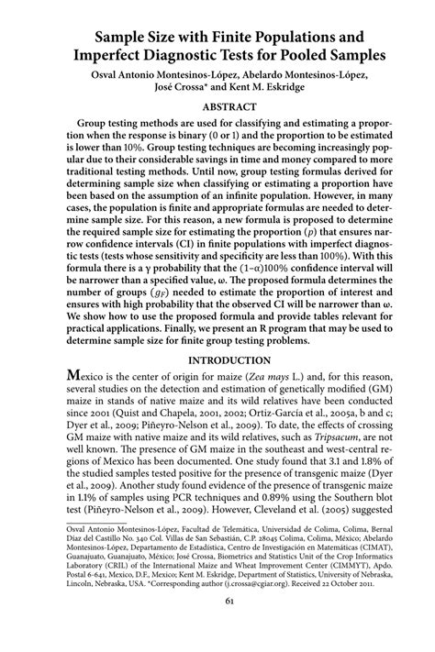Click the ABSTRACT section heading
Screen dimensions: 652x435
[217, 105]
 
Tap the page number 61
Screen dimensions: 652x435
[217, 627]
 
